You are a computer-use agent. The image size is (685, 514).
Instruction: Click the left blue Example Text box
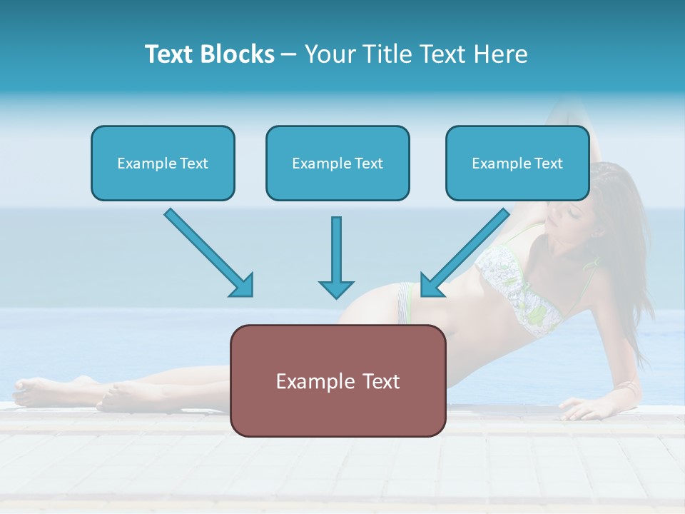coord(163,163)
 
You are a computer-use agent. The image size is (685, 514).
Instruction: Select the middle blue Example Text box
coord(338,163)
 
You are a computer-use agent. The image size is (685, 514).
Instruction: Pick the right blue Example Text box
coord(517,163)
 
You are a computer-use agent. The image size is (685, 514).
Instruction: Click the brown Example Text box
coord(338,381)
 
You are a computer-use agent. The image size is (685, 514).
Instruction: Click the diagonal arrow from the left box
coord(207,251)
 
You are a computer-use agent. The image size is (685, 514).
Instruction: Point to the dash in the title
coord(289,54)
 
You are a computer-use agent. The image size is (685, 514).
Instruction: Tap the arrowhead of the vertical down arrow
coord(336,288)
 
